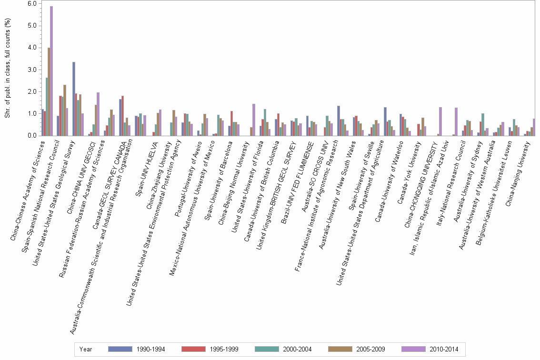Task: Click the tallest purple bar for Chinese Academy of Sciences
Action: point(51,71)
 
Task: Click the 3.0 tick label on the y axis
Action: point(32,70)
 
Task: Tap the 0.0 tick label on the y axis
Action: point(32,136)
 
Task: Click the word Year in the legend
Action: point(86,349)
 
